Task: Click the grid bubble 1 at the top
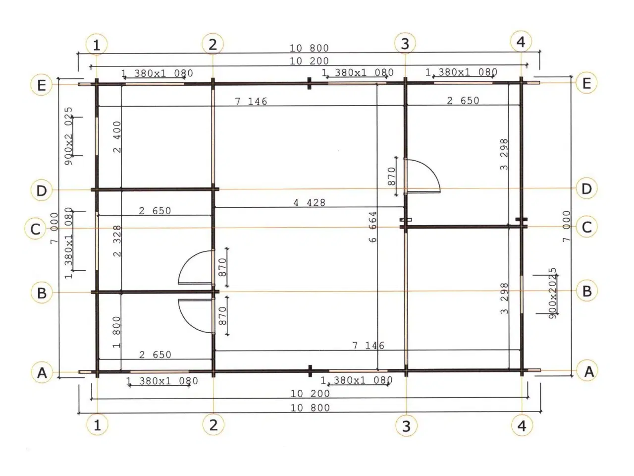point(97,45)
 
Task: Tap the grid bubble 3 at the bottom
point(406,426)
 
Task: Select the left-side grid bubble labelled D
point(41,190)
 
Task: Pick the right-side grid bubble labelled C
point(586,227)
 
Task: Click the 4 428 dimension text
point(310,203)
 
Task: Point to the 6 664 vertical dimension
point(372,227)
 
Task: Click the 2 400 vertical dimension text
point(117,137)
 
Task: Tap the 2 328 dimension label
point(117,241)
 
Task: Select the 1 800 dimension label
point(116,332)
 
